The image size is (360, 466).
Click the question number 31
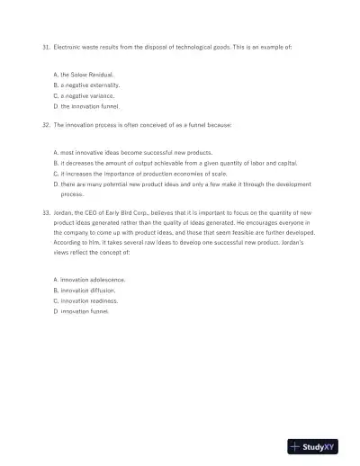click(x=46, y=44)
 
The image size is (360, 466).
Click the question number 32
click(x=46, y=125)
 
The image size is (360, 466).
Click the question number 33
click(x=46, y=212)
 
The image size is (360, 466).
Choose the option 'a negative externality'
click(x=90, y=85)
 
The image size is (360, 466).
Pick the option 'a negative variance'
click(x=87, y=95)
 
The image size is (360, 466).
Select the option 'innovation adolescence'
click(x=93, y=280)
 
